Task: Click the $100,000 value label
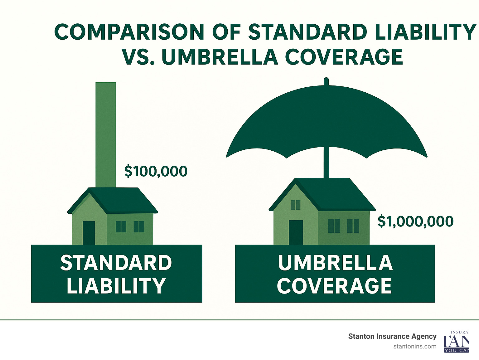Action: tap(156, 171)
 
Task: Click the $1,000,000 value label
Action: tap(415, 221)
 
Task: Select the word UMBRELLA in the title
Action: tap(220, 57)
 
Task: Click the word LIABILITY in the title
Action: tap(425, 32)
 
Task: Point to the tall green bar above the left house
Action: tap(105, 134)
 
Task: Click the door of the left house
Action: tap(89, 233)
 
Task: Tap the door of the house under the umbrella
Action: tap(296, 232)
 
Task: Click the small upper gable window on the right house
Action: tap(296, 205)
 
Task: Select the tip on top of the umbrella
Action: tap(326, 81)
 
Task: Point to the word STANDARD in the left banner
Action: tap(116, 263)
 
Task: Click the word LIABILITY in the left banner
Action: tap(116, 286)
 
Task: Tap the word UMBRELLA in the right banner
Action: tap(335, 263)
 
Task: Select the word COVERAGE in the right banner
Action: tap(334, 286)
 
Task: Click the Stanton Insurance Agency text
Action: tap(392, 336)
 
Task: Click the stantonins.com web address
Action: tap(415, 346)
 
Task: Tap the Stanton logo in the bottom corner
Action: tap(456, 342)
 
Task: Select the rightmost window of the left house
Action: tap(139, 226)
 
